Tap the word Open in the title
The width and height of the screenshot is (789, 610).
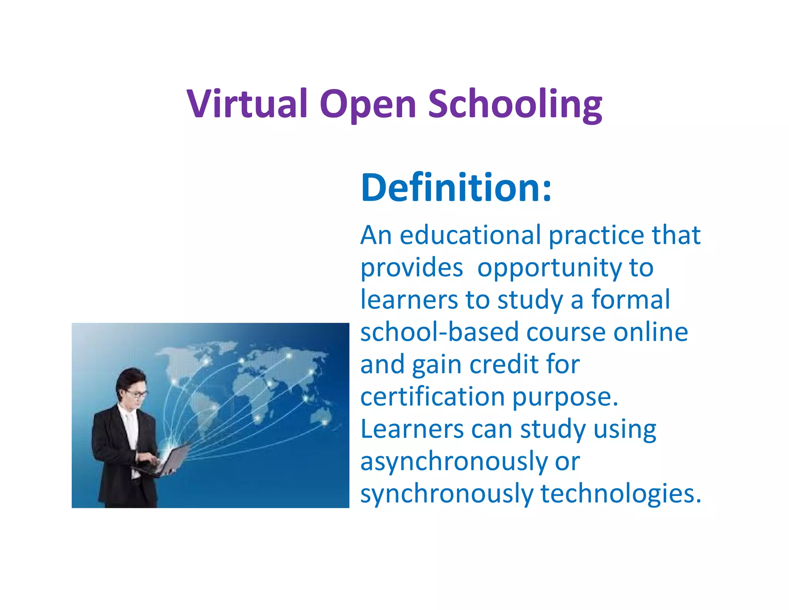[368, 104]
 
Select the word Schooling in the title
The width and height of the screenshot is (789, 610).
[515, 104]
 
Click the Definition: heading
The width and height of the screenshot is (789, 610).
[456, 188]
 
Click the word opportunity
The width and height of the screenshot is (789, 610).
[549, 268]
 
